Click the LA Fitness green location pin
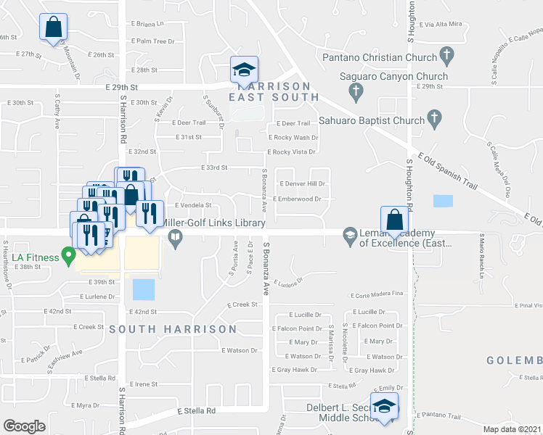(x=68, y=255)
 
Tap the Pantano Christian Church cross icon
(x=446, y=55)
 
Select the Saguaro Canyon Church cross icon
(x=356, y=91)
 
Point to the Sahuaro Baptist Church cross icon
(x=434, y=118)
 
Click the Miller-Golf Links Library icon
(x=176, y=236)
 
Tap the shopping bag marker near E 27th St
(x=53, y=28)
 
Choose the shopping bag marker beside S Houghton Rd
(x=393, y=219)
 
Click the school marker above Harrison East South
(x=245, y=70)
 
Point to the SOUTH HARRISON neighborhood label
(x=173, y=329)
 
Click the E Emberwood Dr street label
(x=297, y=199)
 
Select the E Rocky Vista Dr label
(x=292, y=152)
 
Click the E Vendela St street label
(x=192, y=205)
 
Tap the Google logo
(x=24, y=426)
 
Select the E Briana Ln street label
(x=150, y=23)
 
